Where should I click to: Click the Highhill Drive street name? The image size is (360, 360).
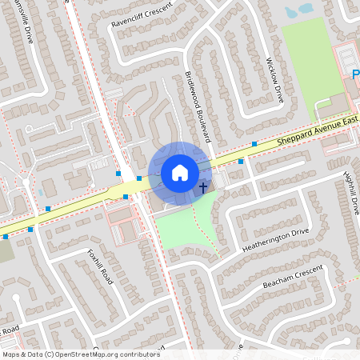point(351,193)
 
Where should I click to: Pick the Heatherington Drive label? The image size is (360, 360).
point(275,241)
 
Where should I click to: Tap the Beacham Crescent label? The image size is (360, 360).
point(293,275)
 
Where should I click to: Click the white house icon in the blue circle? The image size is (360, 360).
point(180,173)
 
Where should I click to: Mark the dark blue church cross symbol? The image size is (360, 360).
point(203,188)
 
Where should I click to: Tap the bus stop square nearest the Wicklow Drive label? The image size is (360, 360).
point(254,144)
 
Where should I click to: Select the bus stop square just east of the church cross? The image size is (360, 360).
point(241,161)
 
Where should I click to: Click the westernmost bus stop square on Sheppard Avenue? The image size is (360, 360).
point(6,237)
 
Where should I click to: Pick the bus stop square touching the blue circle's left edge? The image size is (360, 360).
point(139,178)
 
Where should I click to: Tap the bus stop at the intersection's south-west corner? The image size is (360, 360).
point(126,196)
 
